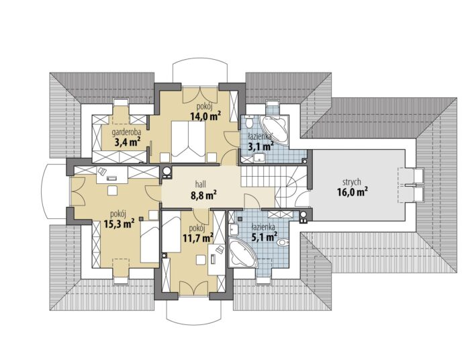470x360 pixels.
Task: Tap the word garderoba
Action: click(127, 132)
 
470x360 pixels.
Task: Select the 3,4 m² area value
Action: click(128, 142)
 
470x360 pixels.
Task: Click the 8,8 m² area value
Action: click(204, 195)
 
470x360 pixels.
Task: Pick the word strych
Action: click(352, 182)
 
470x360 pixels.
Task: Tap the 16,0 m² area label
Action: click(352, 192)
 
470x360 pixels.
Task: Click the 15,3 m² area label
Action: click(119, 224)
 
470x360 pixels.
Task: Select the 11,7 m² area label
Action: click(198, 238)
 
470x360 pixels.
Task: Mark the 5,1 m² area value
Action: click(263, 237)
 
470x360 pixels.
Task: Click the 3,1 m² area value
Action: click(261, 146)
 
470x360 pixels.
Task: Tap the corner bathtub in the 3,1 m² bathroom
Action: click(275, 131)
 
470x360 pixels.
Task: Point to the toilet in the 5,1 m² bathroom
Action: click(283, 242)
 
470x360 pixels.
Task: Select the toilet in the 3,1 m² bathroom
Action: click(248, 123)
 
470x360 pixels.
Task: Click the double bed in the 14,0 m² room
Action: click(188, 138)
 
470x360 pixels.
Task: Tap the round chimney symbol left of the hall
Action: click(167, 171)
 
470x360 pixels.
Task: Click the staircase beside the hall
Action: click(273, 186)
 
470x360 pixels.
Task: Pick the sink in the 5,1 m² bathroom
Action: click(233, 230)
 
